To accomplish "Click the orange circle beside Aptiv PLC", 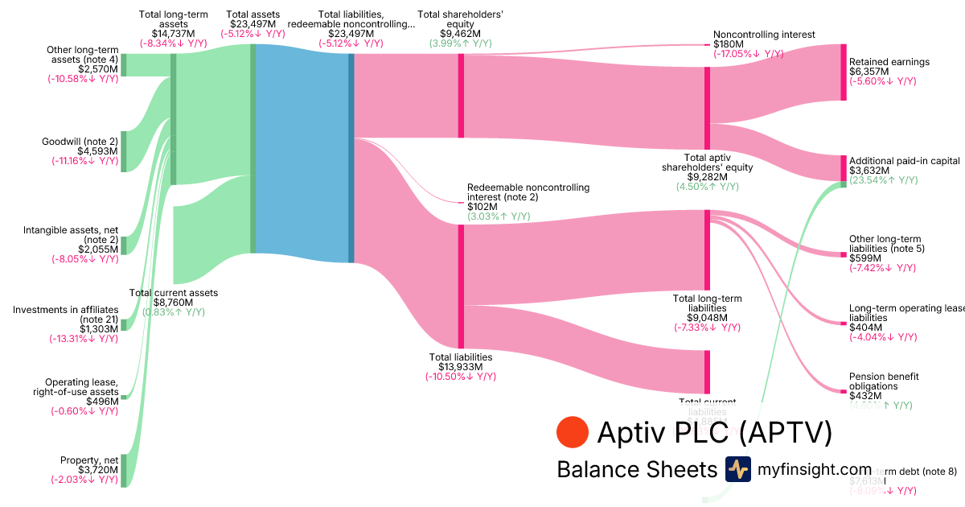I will [x=573, y=432].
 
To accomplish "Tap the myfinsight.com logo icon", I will [x=738, y=469].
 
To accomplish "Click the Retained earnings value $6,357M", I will [x=869, y=72].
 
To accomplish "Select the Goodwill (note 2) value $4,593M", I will [x=97, y=150].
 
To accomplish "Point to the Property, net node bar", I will [x=124, y=470].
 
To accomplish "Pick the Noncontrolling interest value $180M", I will [x=729, y=44].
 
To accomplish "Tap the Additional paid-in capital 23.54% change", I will [x=883, y=180].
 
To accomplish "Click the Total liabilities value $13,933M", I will [x=460, y=367].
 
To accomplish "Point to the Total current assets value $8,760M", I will [x=174, y=303].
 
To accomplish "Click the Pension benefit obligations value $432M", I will [x=864, y=396].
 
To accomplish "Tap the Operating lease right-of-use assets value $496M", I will [x=102, y=401].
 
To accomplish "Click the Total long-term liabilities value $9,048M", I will [x=707, y=317].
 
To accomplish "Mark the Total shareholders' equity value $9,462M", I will [x=461, y=34].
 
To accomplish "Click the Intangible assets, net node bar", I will [x=124, y=245].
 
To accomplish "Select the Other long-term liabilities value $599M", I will [x=864, y=258].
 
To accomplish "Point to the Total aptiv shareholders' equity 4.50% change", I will [x=707, y=187].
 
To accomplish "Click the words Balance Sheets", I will [x=636, y=470].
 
